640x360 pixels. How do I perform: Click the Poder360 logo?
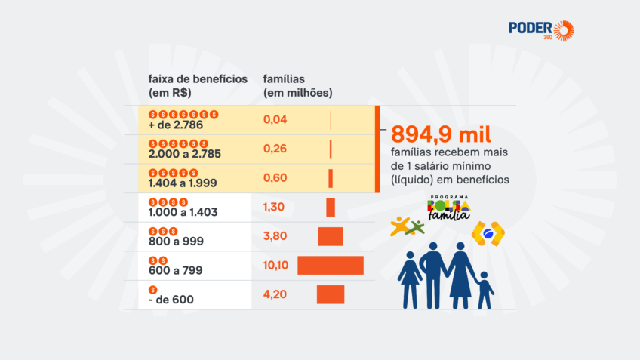(541, 31)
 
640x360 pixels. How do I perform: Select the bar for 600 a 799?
(331, 266)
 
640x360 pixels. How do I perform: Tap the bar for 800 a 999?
(331, 236)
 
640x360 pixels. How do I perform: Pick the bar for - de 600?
(331, 294)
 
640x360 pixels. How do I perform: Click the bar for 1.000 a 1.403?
(331, 208)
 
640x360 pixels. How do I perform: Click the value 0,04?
(275, 119)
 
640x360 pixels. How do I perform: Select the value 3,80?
(275, 236)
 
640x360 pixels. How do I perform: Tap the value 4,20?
(275, 294)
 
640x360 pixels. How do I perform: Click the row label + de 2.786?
(176, 125)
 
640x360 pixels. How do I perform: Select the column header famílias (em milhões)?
(297, 85)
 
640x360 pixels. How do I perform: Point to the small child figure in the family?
(485, 289)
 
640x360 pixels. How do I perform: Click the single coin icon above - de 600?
(153, 289)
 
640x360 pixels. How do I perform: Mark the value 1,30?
(275, 208)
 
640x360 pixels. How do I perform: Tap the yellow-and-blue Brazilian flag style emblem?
(488, 235)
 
